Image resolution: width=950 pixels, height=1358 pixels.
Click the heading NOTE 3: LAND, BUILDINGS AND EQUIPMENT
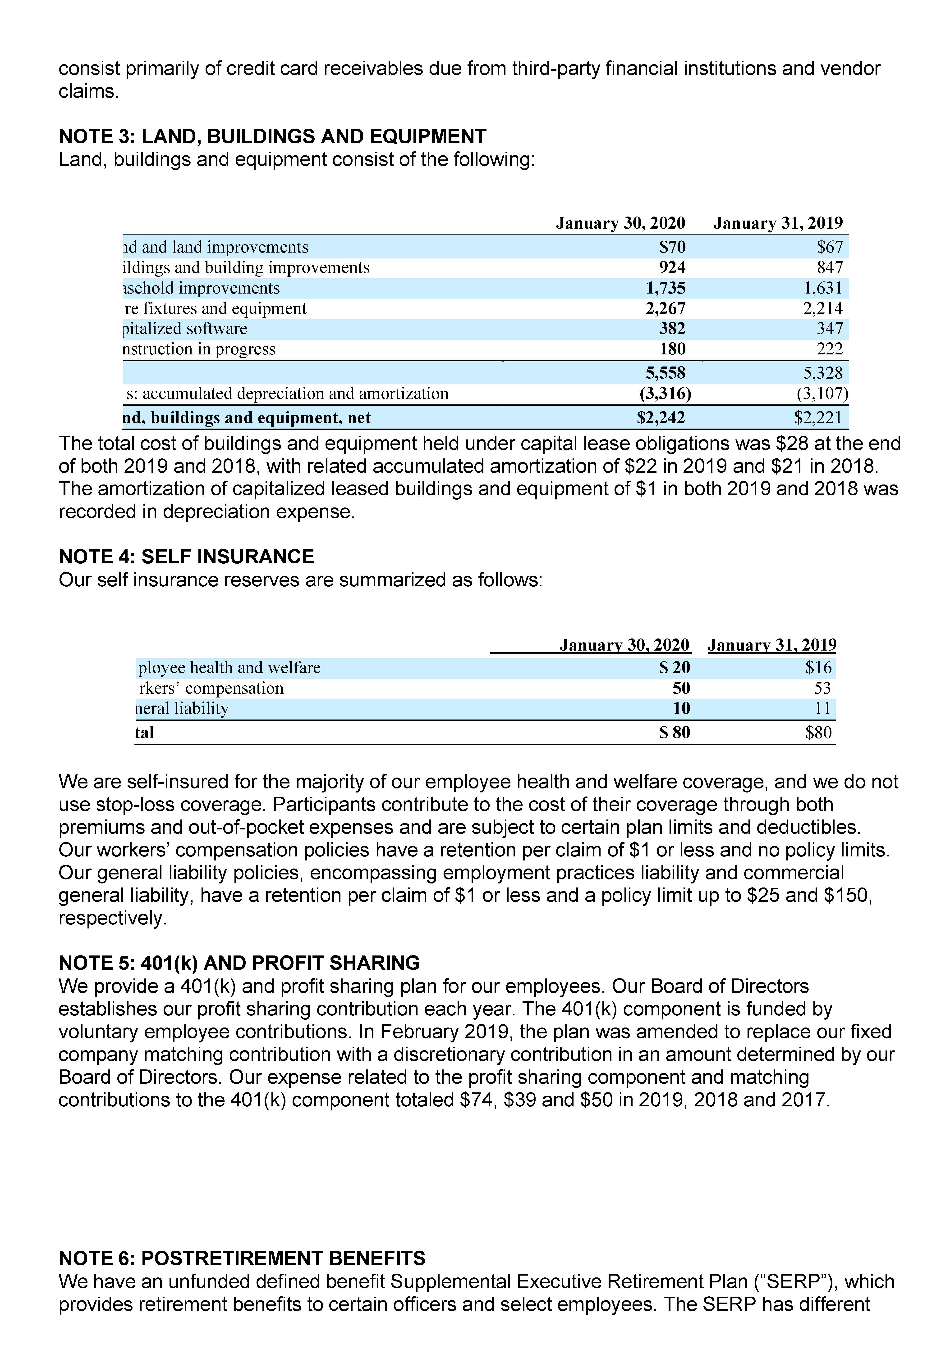272,137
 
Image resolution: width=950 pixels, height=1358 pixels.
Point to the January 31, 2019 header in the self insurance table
772,645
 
